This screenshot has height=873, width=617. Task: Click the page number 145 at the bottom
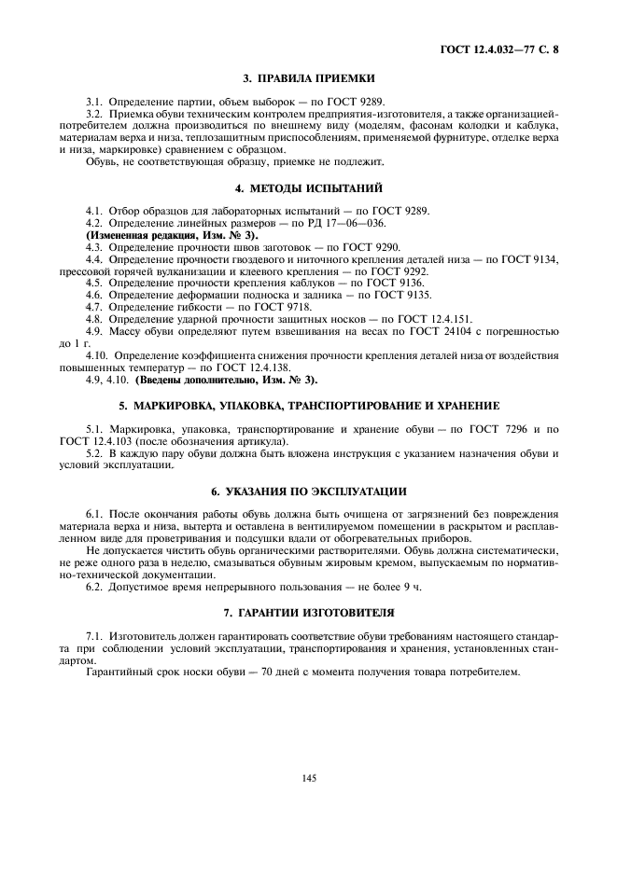308,778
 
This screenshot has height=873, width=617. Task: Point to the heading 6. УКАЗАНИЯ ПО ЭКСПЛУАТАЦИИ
308,491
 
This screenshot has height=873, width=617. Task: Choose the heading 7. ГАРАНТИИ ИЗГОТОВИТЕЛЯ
308,613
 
